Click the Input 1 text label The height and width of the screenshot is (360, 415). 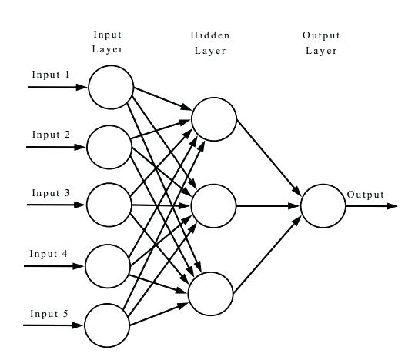[50, 75]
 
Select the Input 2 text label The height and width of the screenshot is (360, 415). [51, 135]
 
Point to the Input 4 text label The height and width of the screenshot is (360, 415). [49, 253]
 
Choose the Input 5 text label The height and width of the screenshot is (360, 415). [49, 313]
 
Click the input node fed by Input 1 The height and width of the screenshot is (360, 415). [111, 87]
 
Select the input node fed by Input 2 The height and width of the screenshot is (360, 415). [109, 146]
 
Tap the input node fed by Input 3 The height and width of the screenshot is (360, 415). [109, 205]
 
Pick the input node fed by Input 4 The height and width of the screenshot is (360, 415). [108, 265]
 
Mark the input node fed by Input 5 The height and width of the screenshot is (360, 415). [107, 325]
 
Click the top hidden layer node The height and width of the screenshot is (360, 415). [214, 120]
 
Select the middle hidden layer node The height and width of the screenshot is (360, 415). [213, 206]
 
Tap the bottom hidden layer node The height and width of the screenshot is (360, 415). [211, 293]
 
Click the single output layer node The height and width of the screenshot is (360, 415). [323, 206]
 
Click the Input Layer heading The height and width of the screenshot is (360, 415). [107, 42]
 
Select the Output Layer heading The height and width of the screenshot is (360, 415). [321, 43]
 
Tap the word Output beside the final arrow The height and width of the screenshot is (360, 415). [365, 195]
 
